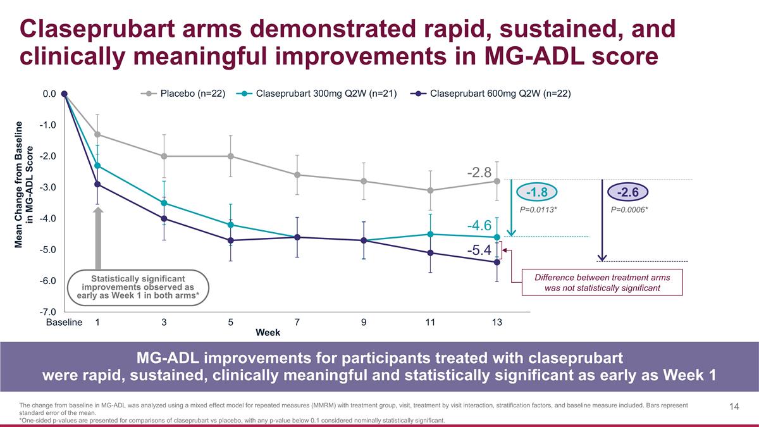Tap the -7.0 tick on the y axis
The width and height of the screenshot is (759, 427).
49,312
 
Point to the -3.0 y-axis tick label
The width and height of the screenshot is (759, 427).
49,187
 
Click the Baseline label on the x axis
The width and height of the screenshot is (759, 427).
65,323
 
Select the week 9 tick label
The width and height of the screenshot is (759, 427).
364,323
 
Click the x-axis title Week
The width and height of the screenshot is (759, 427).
268,333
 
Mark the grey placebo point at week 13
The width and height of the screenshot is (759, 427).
497,181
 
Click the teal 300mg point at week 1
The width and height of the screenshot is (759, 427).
97,166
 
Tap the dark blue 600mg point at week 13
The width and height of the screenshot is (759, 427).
497,262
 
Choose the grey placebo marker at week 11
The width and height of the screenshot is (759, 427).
430,190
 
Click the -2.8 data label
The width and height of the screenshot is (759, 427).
479,172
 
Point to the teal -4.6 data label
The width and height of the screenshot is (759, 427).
479,225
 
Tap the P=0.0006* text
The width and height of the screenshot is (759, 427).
629,209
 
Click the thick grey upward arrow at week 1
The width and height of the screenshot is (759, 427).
98,237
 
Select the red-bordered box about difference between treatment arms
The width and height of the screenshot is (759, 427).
602,282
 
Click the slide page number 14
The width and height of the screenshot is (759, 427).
734,407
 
